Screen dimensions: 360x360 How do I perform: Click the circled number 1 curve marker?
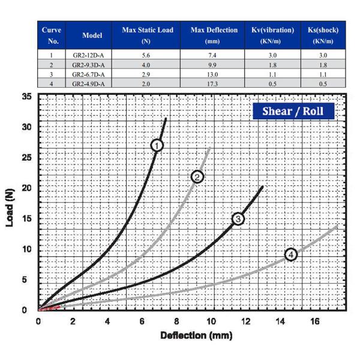157,145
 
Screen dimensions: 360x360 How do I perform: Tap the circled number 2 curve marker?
197,176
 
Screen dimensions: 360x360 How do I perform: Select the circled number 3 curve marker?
238,218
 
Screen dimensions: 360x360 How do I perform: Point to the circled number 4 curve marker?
291,254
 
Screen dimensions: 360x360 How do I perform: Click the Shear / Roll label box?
293,111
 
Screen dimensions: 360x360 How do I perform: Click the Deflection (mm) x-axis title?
196,335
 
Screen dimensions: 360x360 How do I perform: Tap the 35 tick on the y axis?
26,97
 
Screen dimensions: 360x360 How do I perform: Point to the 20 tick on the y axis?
26,188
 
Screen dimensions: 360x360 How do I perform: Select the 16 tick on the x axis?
314,320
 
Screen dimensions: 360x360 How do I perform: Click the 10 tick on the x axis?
211,320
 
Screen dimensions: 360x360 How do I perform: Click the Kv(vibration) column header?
272,35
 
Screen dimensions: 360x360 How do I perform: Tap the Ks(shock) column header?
323,35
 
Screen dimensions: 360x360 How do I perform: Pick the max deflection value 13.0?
212,74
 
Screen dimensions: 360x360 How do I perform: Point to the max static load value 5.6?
145,54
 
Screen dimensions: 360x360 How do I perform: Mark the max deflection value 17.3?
212,83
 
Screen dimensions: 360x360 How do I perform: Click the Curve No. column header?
52,35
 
